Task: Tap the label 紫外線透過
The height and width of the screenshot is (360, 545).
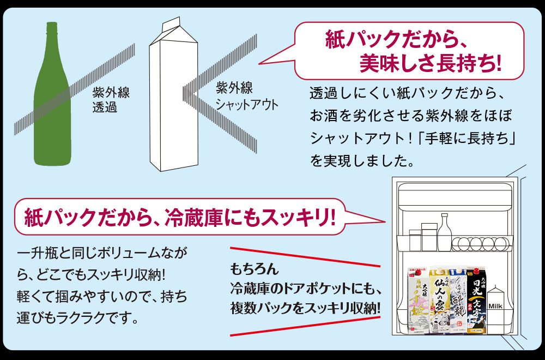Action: pyautogui.click(x=107, y=99)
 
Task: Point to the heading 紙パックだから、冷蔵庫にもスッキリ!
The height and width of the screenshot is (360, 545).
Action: pyautogui.click(x=180, y=218)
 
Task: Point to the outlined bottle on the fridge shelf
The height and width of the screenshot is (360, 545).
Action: pyautogui.click(x=445, y=232)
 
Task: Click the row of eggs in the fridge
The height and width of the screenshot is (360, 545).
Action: pyautogui.click(x=480, y=242)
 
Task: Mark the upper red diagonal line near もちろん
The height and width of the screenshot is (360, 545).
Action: pyautogui.click(x=305, y=257)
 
